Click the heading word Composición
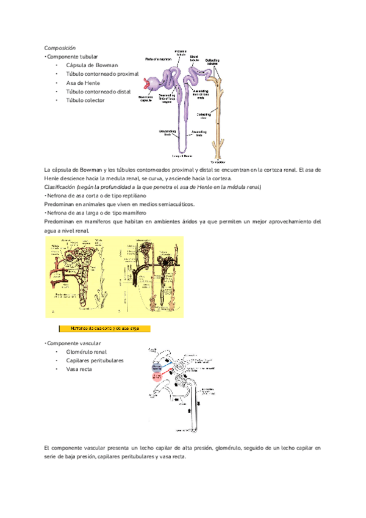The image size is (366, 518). [x=59, y=48]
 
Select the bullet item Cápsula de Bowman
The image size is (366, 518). [x=91, y=65]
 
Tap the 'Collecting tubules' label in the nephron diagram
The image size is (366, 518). [x=213, y=60]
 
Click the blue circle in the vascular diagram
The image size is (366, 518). [x=159, y=367]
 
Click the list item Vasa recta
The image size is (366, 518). [x=79, y=370]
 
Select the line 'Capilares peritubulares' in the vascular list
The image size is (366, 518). [x=95, y=360]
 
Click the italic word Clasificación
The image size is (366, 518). [x=60, y=186]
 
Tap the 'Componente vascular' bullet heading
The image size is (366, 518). [x=74, y=343]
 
